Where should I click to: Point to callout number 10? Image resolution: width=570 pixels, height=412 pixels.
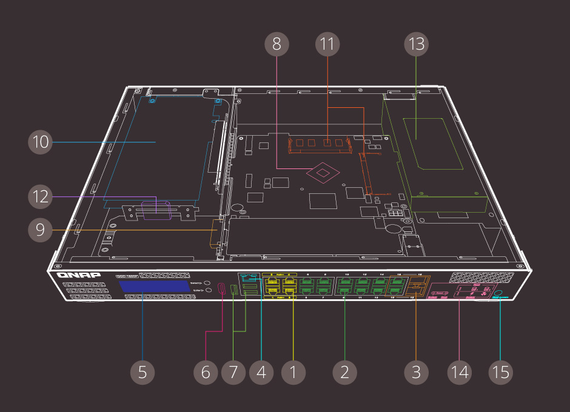41,142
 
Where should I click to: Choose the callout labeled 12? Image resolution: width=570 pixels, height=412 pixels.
41,197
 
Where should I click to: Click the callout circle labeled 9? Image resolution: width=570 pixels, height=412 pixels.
41,230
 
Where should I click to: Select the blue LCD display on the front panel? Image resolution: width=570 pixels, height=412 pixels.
154,287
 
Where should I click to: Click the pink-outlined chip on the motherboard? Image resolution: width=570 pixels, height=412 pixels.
324,173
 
